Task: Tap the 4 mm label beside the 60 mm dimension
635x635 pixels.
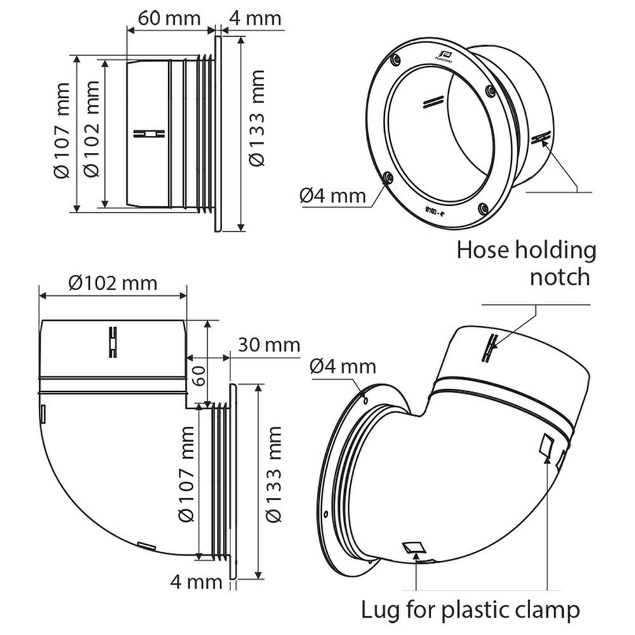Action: pos(254,18)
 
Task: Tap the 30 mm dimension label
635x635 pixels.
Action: pos(269,345)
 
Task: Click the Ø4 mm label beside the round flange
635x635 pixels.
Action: pos(333,196)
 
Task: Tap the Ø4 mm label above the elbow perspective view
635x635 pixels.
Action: pos(344,366)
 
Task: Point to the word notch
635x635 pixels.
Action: pos(560,277)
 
